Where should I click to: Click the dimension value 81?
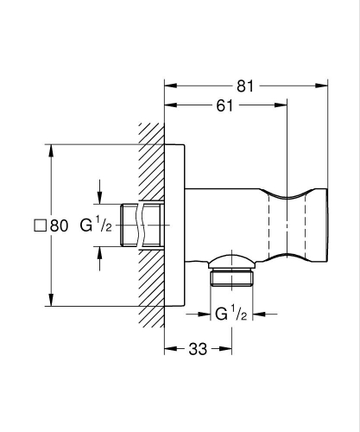click(245, 86)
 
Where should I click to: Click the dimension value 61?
click(224, 105)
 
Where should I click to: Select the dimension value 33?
click(198, 349)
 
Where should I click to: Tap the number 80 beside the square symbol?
click(59, 226)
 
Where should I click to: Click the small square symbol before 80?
click(40, 226)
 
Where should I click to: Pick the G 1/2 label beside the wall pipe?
click(96, 225)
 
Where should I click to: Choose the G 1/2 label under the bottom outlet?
click(231, 314)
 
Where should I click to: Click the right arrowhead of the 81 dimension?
click(321, 86)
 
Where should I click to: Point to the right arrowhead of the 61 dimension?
click(281, 105)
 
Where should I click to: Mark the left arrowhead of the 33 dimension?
click(171, 349)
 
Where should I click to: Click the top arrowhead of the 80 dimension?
click(51, 150)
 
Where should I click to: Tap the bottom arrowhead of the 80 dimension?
click(51, 300)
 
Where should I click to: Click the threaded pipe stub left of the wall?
click(141, 225)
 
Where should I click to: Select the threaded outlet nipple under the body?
click(231, 278)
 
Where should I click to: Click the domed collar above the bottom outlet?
click(231, 262)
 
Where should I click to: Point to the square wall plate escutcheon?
click(174, 225)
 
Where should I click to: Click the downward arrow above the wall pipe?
click(99, 192)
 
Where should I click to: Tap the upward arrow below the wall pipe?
click(99, 258)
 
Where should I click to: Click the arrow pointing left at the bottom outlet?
click(265, 314)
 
